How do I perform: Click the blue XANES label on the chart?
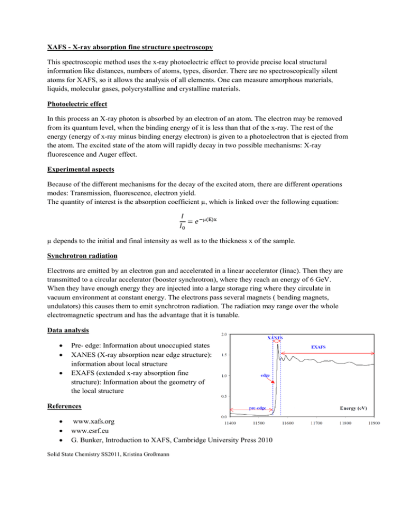click(x=274, y=338)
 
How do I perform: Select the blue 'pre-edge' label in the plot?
click(x=258, y=408)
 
